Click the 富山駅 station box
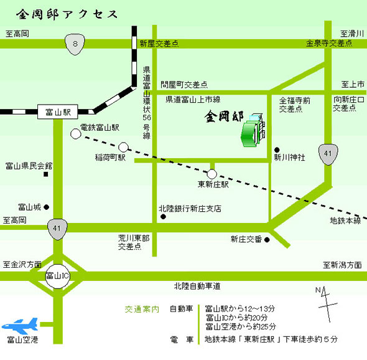tap(58, 111)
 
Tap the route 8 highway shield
tap(75, 44)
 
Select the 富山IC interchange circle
tap(58, 277)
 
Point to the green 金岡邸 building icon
tap(253, 131)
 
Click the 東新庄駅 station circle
tap(212, 174)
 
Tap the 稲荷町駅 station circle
tap(123, 147)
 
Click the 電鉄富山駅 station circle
tap(76, 134)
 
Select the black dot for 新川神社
tap(277, 149)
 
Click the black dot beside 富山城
tap(47, 207)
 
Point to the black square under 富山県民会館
tap(46, 174)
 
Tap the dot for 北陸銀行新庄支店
tap(163, 217)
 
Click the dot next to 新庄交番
tap(267, 240)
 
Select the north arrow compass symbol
tap(327, 304)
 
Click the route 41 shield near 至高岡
tap(57, 229)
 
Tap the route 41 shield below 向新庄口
tap(328, 154)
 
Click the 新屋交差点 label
tap(159, 44)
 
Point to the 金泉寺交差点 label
tap(329, 43)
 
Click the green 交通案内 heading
tap(142, 310)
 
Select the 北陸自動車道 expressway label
tap(197, 286)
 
